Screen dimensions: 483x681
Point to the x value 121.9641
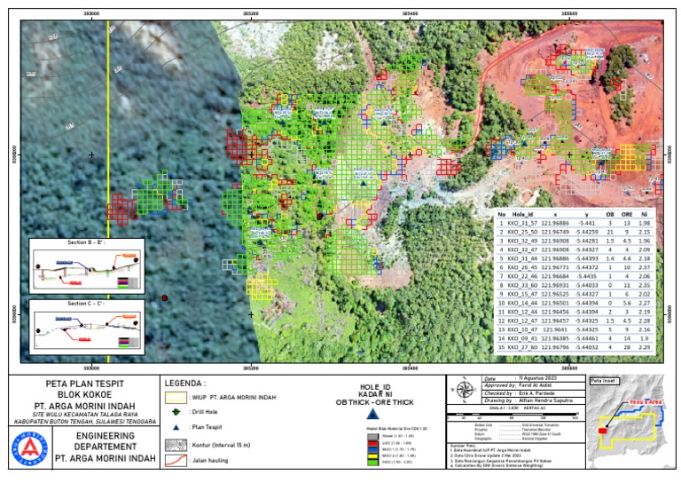[564, 330]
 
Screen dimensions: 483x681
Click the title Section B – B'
[83, 242]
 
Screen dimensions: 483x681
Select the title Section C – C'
[83, 304]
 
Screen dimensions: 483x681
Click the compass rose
[463, 387]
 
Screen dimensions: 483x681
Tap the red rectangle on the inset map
[603, 431]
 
